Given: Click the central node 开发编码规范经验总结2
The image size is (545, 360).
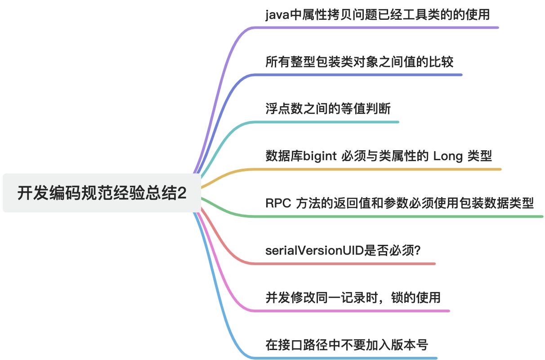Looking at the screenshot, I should tap(102, 193).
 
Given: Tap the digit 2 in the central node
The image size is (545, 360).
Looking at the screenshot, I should tap(182, 193).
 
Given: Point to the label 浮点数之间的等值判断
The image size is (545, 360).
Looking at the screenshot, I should tap(328, 109).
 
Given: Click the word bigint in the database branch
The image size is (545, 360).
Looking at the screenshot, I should tap(320, 156).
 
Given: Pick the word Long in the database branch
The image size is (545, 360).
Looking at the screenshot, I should tap(447, 156).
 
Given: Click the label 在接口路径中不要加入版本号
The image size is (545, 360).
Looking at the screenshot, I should tap(347, 345).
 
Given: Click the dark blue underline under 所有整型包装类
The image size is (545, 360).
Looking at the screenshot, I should tap(360, 75).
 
